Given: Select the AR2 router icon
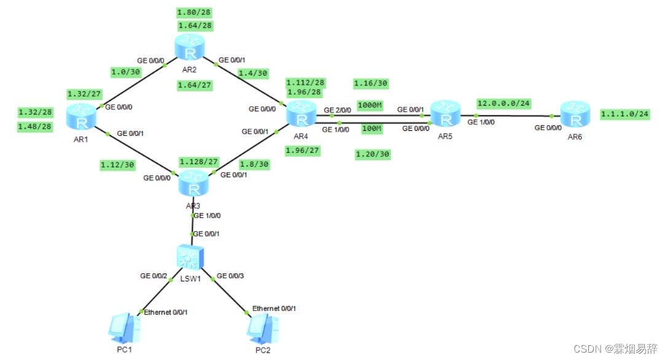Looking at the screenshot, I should click(x=187, y=47).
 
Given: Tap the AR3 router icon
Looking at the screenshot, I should click(x=194, y=181).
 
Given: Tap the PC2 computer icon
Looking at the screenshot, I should click(x=260, y=329).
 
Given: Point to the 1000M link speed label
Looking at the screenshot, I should click(x=369, y=105).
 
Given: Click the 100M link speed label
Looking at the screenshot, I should click(x=371, y=128).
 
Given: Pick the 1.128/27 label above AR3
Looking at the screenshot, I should click(x=199, y=161).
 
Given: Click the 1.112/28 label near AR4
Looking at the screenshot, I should click(x=306, y=82).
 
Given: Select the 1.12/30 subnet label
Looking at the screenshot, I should click(x=117, y=164).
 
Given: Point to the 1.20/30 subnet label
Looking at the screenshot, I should click(x=372, y=154).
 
